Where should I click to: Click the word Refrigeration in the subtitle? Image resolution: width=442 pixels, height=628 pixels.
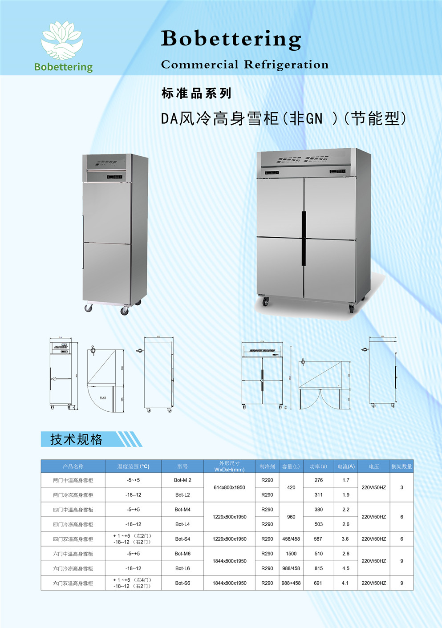click(286, 65)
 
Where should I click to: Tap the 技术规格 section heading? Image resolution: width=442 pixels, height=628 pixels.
click(77, 439)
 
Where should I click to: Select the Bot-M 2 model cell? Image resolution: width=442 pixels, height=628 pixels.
click(182, 480)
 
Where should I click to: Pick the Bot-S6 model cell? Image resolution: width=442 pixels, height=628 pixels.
click(182, 583)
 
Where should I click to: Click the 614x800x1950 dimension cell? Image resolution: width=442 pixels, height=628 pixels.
click(229, 487)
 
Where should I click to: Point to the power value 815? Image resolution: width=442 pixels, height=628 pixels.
click(319, 568)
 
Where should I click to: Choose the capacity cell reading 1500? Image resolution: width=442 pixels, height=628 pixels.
click(291, 554)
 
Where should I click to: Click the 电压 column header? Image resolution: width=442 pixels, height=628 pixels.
click(374, 466)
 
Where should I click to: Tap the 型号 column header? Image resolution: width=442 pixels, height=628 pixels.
click(182, 466)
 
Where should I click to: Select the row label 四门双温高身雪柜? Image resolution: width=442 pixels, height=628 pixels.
click(73, 539)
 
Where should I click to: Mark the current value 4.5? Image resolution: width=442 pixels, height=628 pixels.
click(346, 568)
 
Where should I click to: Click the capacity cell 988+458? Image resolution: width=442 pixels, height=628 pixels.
click(291, 583)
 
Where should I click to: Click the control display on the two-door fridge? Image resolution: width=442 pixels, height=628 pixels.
click(115, 177)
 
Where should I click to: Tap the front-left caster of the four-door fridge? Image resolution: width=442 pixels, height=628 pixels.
click(266, 302)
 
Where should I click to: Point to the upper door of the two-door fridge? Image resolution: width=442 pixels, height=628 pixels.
click(107, 212)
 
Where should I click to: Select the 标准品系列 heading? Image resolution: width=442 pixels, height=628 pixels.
click(196, 93)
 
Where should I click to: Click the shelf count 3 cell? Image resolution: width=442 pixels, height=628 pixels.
click(401, 487)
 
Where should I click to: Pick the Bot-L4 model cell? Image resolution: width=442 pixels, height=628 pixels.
click(182, 524)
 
